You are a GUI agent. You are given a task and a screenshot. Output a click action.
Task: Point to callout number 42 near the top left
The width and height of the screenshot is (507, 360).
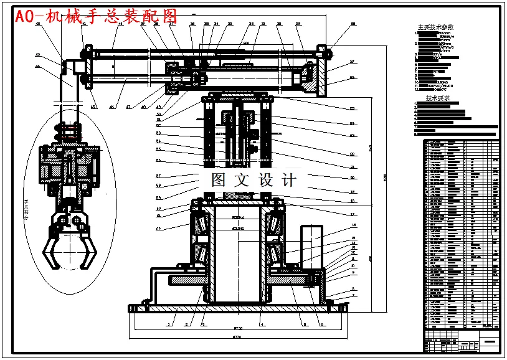coord(38,24)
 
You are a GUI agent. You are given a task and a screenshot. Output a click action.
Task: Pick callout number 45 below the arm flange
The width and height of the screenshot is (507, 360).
coord(93,107)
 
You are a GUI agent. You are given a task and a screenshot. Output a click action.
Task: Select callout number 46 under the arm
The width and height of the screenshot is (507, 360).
coord(112,107)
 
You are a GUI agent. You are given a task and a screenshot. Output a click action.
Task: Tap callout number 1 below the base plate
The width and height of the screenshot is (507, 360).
coord(168,324)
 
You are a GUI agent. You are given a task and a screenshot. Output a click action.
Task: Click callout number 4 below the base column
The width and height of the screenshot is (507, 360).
coord(261,324)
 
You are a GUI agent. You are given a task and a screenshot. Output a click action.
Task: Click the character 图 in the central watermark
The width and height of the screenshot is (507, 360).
coord(219,181)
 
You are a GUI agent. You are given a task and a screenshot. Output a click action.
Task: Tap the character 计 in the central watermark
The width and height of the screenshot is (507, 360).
coord(288,181)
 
